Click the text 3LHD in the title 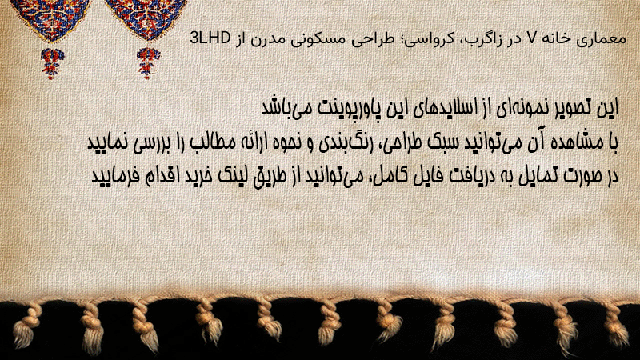[x=210, y=38]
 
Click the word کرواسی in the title [x=420, y=39]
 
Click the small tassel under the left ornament [x=52, y=63]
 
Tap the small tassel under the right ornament [x=148, y=63]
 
